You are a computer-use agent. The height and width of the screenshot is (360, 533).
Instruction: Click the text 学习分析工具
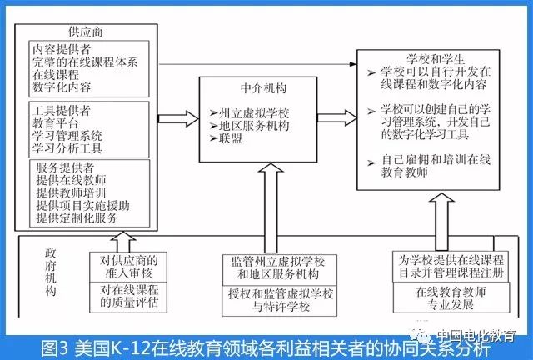(x=67, y=148)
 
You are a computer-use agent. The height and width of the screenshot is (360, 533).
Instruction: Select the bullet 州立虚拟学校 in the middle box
(x=252, y=112)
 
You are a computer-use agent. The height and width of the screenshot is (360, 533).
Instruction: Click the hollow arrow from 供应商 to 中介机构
(x=173, y=117)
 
